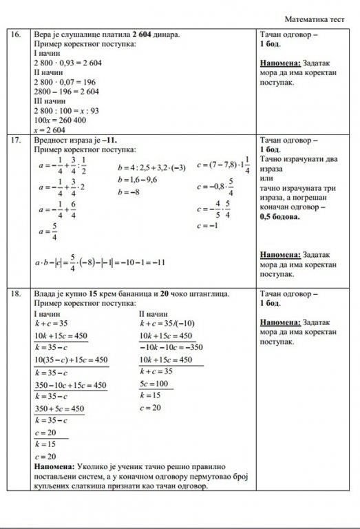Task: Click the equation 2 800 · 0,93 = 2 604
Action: click(67, 63)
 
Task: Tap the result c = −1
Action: click(207, 225)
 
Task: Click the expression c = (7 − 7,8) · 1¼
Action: click(223, 165)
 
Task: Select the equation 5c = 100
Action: click(154, 384)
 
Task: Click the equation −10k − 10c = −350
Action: click(169, 347)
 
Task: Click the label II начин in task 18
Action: click(153, 313)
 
